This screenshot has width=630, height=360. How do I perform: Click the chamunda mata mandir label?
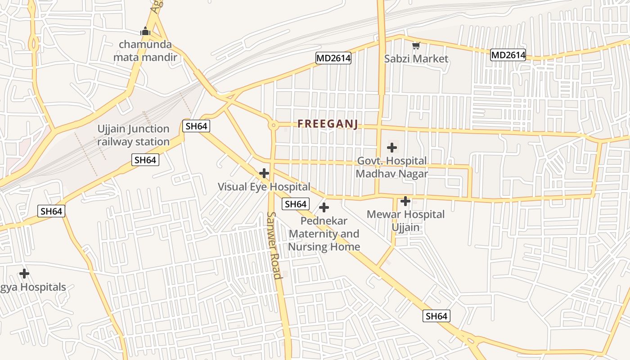(x=145, y=51)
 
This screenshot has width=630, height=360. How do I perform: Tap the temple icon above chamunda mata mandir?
(x=145, y=31)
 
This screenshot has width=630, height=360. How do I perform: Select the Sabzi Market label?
(x=416, y=58)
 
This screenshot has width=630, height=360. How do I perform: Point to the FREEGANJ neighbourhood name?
(x=328, y=124)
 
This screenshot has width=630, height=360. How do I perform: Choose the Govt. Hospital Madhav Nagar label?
(x=392, y=167)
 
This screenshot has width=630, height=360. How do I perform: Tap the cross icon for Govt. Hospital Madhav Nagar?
(x=392, y=147)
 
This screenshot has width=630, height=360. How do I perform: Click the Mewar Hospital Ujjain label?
(x=405, y=220)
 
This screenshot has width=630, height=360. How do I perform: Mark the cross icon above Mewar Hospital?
(x=405, y=201)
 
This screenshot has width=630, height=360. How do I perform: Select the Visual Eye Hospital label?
(x=264, y=186)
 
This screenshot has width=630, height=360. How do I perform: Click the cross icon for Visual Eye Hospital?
(x=264, y=173)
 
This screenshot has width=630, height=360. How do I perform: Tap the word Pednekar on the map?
(x=324, y=221)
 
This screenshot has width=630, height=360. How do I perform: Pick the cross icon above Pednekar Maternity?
(x=324, y=207)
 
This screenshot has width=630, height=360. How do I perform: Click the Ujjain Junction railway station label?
(x=134, y=135)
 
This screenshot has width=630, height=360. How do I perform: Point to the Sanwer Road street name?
(x=274, y=245)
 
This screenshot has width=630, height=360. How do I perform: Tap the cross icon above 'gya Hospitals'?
(x=24, y=273)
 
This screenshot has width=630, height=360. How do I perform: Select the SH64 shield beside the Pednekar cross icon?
(x=296, y=204)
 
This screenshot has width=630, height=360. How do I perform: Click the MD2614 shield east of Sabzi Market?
(x=508, y=55)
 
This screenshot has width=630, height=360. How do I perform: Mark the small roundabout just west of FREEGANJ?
(x=273, y=126)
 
